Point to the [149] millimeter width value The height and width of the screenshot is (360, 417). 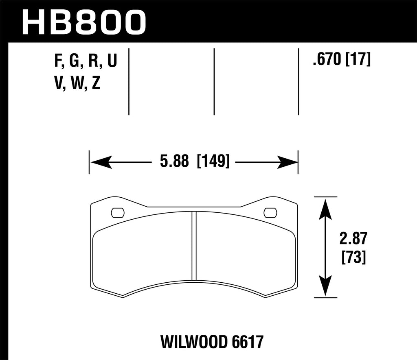pyautogui.click(x=213, y=162)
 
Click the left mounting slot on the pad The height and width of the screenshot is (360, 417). pyautogui.click(x=118, y=212)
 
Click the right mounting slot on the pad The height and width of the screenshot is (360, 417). pyautogui.click(x=270, y=212)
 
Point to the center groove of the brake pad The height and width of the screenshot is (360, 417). pyautogui.click(x=194, y=246)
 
